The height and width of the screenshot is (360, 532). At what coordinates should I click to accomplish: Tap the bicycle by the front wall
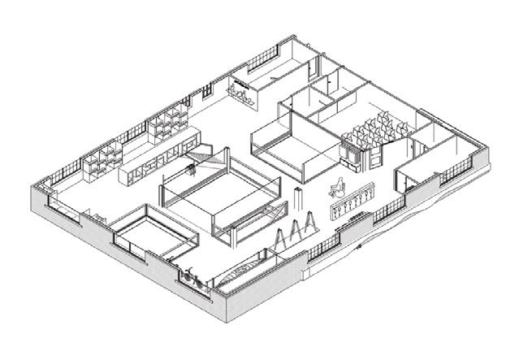click(190, 276)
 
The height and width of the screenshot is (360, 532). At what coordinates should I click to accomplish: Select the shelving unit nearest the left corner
click(101, 158)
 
